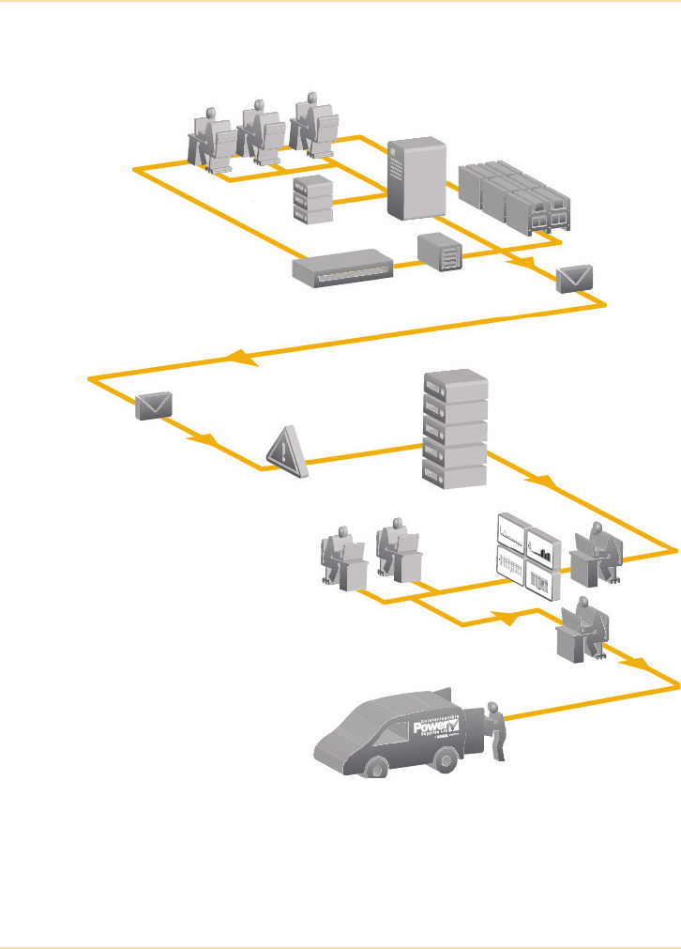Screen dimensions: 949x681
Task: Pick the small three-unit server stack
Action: coord(313,200)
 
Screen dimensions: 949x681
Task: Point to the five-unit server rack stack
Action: coord(456,430)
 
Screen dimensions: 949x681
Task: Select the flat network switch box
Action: coord(342,268)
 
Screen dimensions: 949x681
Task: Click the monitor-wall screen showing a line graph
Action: coord(511,534)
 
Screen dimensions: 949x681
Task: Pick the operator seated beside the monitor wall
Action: coord(597,555)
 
